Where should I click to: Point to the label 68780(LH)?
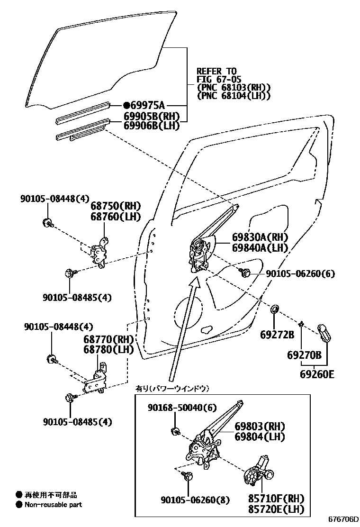pyautogui.click(x=108, y=350)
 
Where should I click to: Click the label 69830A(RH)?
pyautogui.click(x=260, y=237)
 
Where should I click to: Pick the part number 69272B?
pyautogui.click(x=277, y=335)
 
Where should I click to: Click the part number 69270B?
pyautogui.click(x=304, y=355)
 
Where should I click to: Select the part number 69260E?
pyautogui.click(x=317, y=374)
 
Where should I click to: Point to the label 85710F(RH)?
pyautogui.click(x=276, y=499)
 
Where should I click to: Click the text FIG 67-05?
pyautogui.click(x=213, y=79)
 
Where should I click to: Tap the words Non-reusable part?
pyautogui.click(x=53, y=505)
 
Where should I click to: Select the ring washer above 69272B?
pyautogui.click(x=274, y=310)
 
